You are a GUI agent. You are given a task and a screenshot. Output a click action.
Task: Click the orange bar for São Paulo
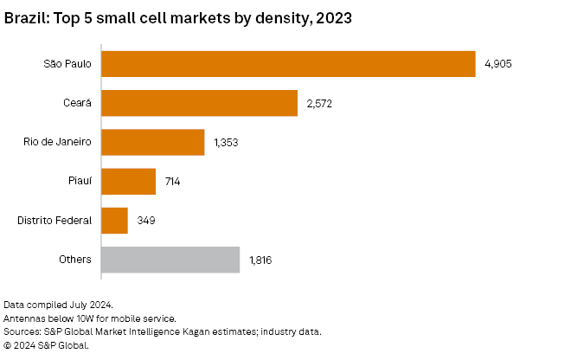(x=288, y=64)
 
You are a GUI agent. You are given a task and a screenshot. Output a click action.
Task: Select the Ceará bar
(x=200, y=103)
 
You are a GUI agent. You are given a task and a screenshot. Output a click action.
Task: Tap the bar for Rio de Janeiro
(x=153, y=142)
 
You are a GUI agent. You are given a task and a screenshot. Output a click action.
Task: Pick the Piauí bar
(x=129, y=182)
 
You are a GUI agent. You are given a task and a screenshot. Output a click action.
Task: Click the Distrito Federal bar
(x=115, y=221)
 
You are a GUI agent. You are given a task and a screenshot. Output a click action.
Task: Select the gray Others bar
(x=170, y=260)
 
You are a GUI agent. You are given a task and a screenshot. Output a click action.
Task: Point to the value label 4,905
(x=498, y=64)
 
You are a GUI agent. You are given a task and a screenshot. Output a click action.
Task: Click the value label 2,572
(x=319, y=104)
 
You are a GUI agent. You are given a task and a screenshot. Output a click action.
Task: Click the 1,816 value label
(x=260, y=260)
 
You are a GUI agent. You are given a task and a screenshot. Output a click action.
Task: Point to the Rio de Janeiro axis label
(x=56, y=143)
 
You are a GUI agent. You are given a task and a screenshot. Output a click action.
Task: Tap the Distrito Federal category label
(x=54, y=221)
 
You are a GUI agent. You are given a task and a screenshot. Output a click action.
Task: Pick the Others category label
(x=75, y=260)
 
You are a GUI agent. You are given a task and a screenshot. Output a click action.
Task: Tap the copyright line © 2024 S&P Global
(x=47, y=345)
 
